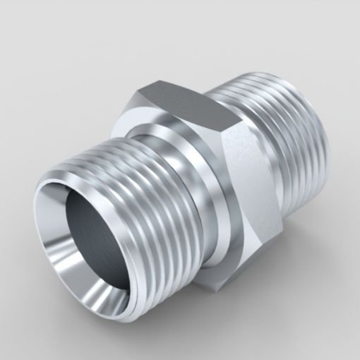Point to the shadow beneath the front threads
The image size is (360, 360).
coord(141,311)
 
